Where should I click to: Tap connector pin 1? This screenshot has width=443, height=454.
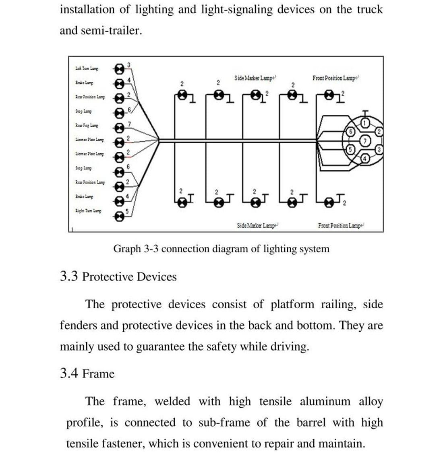pos(364,123)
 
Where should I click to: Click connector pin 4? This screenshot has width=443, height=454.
pos(365,158)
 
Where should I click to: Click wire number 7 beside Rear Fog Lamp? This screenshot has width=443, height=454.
pos(128,123)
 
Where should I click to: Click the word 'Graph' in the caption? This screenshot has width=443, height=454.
pos(126,249)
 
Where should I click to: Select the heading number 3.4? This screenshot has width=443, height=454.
pos(69,374)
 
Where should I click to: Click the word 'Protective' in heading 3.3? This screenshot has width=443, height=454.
pos(108,277)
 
